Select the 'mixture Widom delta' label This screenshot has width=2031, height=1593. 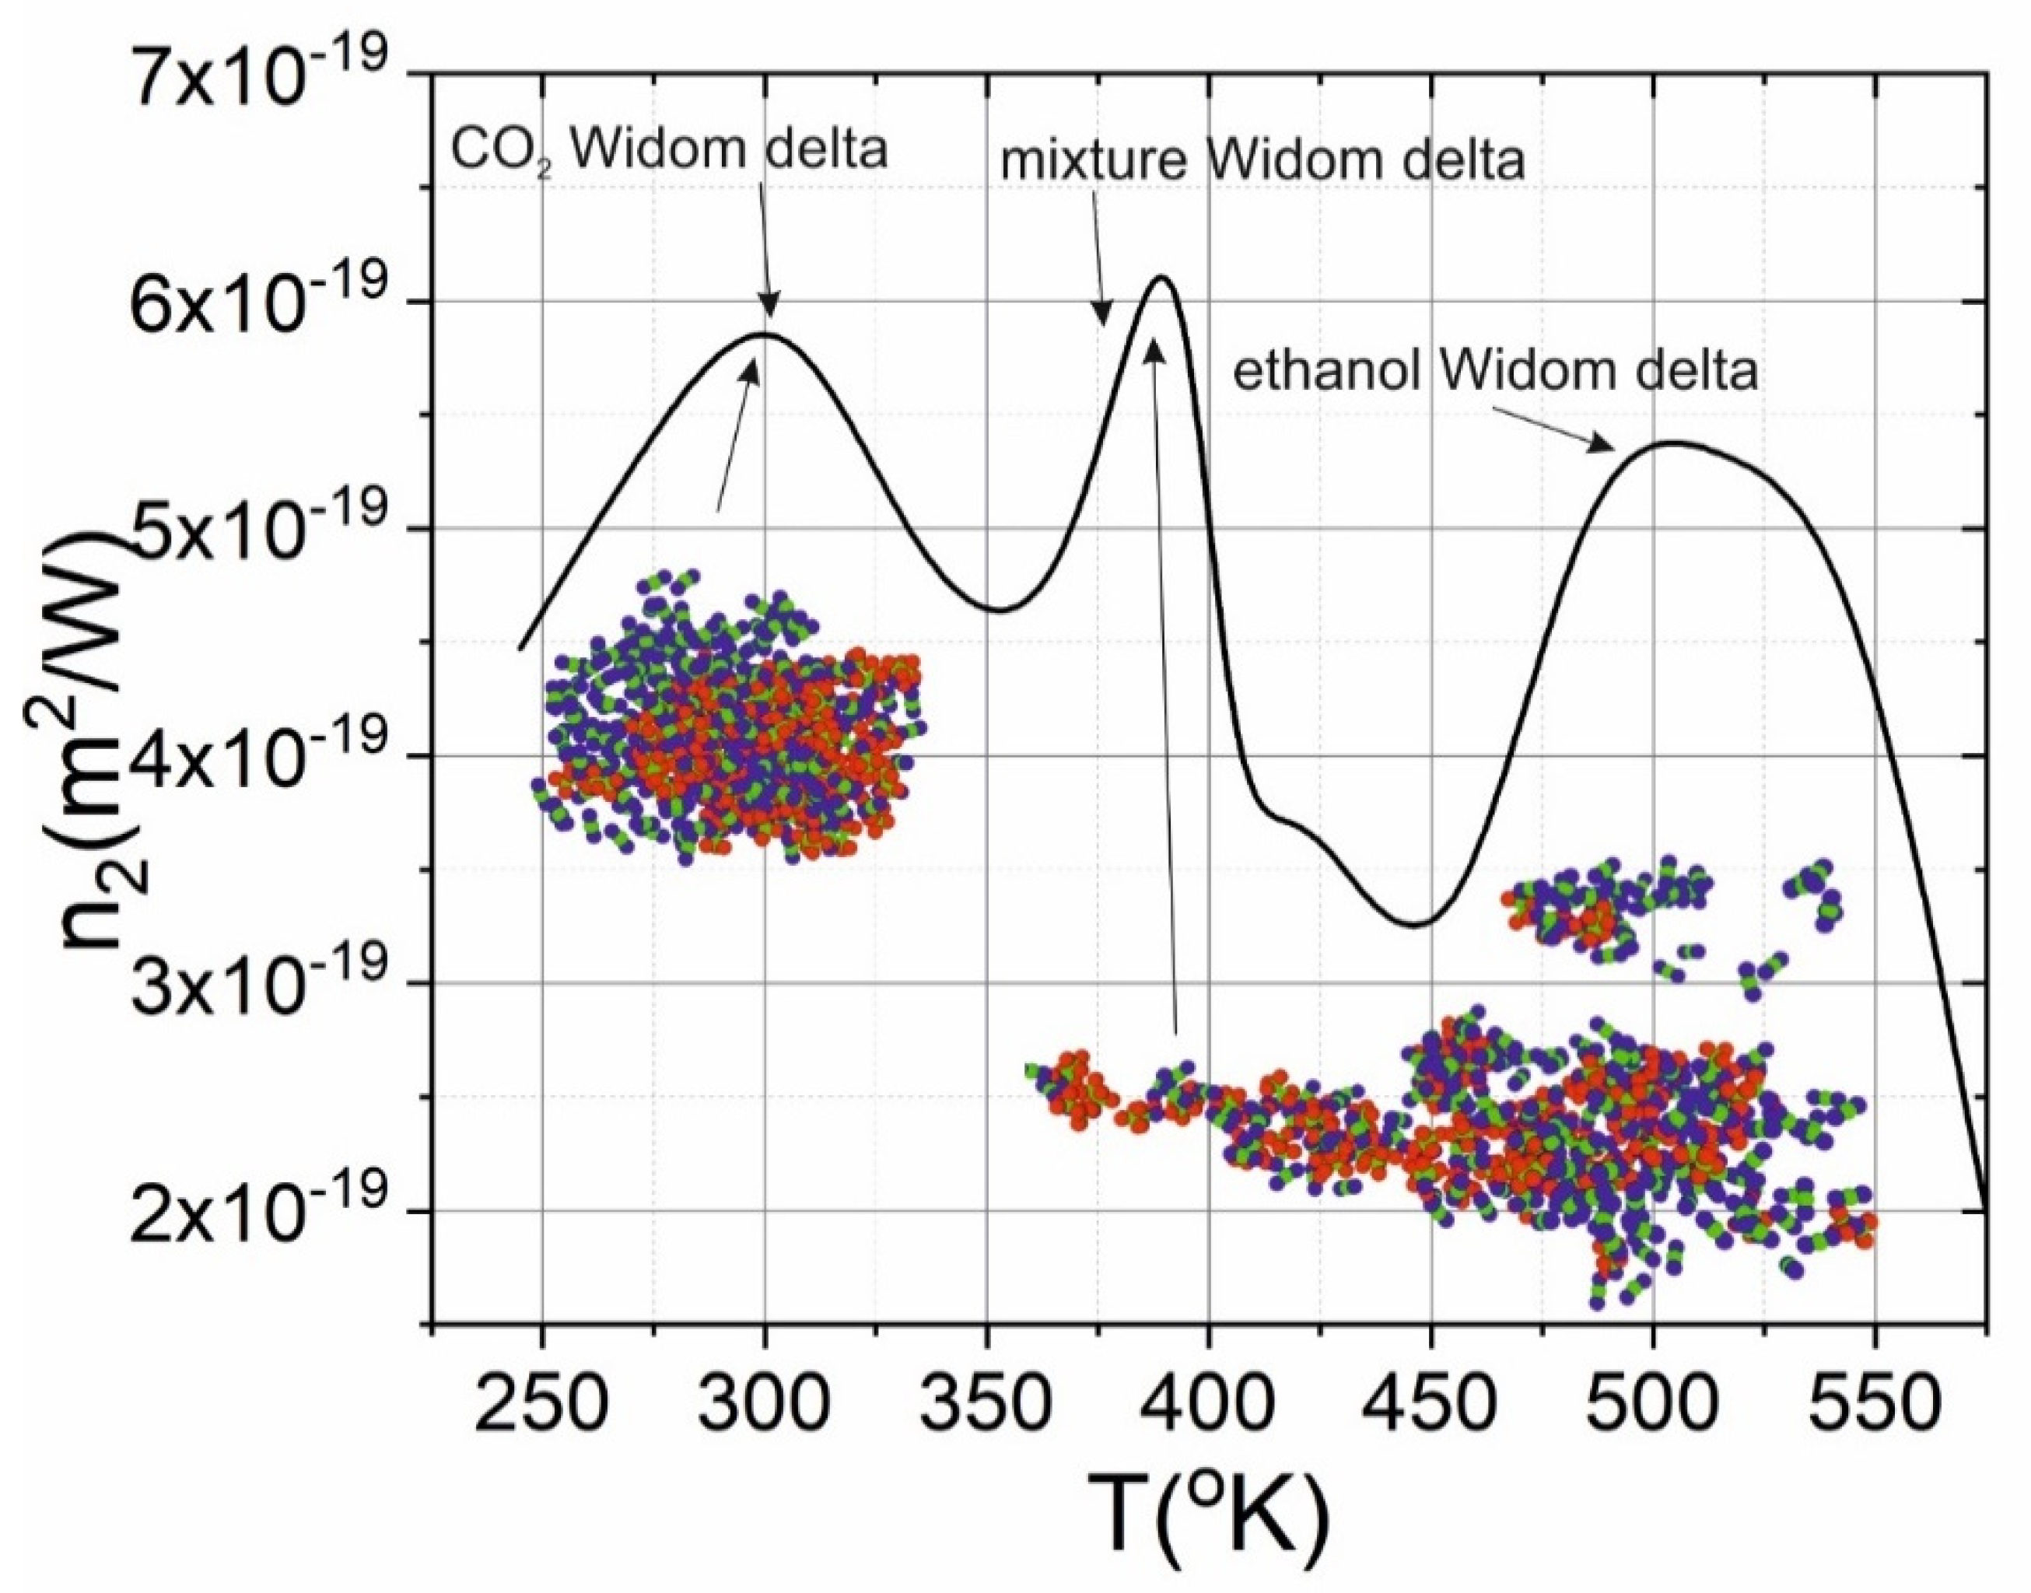click(x=1262, y=160)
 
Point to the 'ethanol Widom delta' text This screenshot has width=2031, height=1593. click(x=1495, y=371)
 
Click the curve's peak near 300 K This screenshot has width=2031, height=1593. click(x=765, y=334)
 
